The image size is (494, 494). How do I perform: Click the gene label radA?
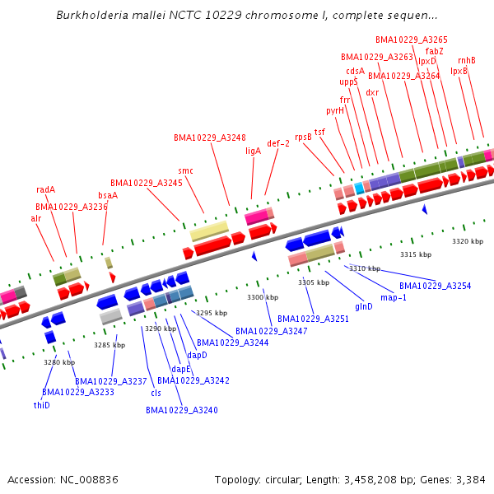(x=46, y=189)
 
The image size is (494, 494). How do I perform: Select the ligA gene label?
(x=253, y=151)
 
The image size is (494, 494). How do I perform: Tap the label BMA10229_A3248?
(x=209, y=137)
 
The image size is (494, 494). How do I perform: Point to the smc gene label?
(x=186, y=170)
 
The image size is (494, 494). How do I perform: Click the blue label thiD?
(x=41, y=405)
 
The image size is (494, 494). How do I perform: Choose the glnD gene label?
(x=364, y=306)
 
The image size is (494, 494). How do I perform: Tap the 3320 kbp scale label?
(x=468, y=241)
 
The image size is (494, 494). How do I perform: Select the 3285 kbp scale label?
(x=110, y=345)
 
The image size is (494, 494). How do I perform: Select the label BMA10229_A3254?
(x=436, y=286)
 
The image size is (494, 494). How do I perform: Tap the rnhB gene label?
(x=467, y=60)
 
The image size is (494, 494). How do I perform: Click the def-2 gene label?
(x=278, y=143)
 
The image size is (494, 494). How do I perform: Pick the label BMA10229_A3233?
(x=78, y=392)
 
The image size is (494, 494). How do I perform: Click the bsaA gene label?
(x=108, y=195)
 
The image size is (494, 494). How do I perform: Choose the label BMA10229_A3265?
(x=412, y=40)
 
